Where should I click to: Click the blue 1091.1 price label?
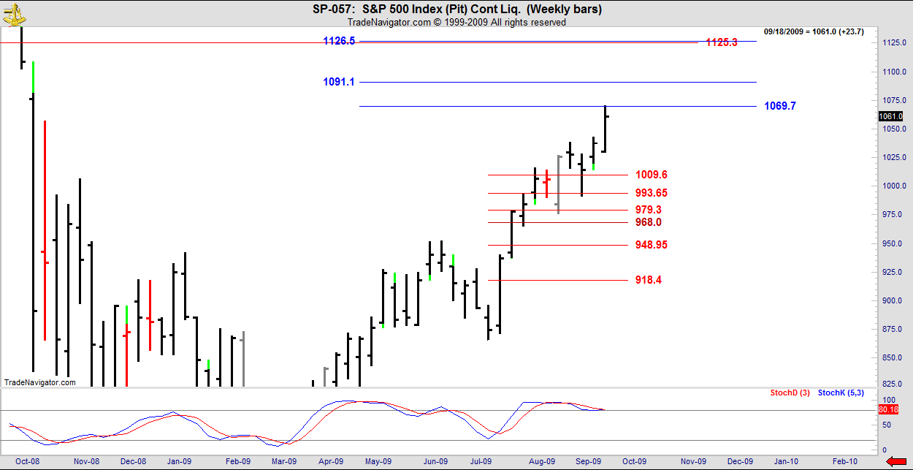pos(339,83)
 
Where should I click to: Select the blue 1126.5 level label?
pos(339,42)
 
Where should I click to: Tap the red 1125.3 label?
pos(722,43)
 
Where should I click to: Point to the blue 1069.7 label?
pos(780,106)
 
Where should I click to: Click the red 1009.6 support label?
pos(651,175)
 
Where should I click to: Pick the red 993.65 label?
pos(651,193)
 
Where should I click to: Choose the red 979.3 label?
pos(649,210)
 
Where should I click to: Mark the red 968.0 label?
pos(649,222)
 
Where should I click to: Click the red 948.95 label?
pos(651,245)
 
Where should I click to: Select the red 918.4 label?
pos(649,280)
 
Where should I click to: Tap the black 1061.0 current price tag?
pos(890,116)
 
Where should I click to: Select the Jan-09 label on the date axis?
pos(179,461)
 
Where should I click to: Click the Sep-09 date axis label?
pos(587,461)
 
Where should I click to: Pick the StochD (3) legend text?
pos(790,393)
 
